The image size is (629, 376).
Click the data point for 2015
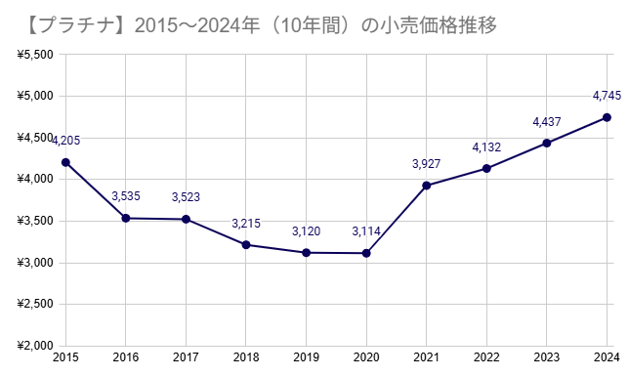[x=65, y=162]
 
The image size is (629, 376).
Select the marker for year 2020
[x=366, y=253]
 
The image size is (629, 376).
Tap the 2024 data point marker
[x=607, y=117]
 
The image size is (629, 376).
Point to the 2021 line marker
[x=427, y=186]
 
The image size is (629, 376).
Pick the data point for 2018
[x=246, y=244]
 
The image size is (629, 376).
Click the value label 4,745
[x=607, y=96]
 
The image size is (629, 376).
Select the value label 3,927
[x=427, y=163]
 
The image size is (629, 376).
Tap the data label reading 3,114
[x=366, y=231]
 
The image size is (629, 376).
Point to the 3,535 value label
[x=126, y=196]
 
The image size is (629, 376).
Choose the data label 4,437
[x=547, y=121]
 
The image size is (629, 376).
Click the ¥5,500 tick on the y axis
[x=35, y=55]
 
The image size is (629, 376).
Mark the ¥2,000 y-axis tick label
[x=35, y=346]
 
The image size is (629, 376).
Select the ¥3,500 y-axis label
[x=35, y=222]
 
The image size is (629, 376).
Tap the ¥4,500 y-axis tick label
[x=35, y=138]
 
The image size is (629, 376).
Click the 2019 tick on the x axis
[x=306, y=358]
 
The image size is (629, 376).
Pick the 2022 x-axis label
[x=486, y=358]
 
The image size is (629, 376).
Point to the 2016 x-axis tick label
[x=126, y=358]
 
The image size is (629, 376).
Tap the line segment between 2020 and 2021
[x=397, y=220]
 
